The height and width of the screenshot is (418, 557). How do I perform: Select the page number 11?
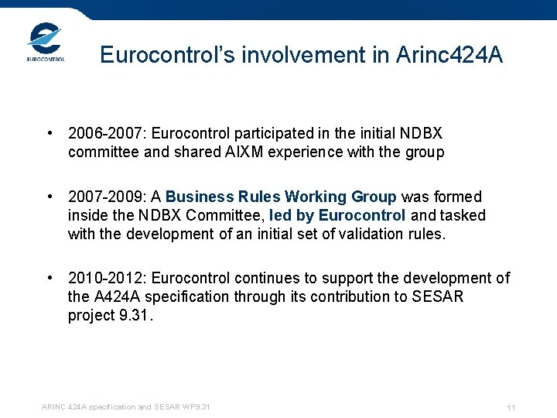point(511,407)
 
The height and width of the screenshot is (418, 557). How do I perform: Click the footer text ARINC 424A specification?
point(87,407)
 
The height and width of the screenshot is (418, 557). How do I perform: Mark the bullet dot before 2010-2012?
point(50,278)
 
